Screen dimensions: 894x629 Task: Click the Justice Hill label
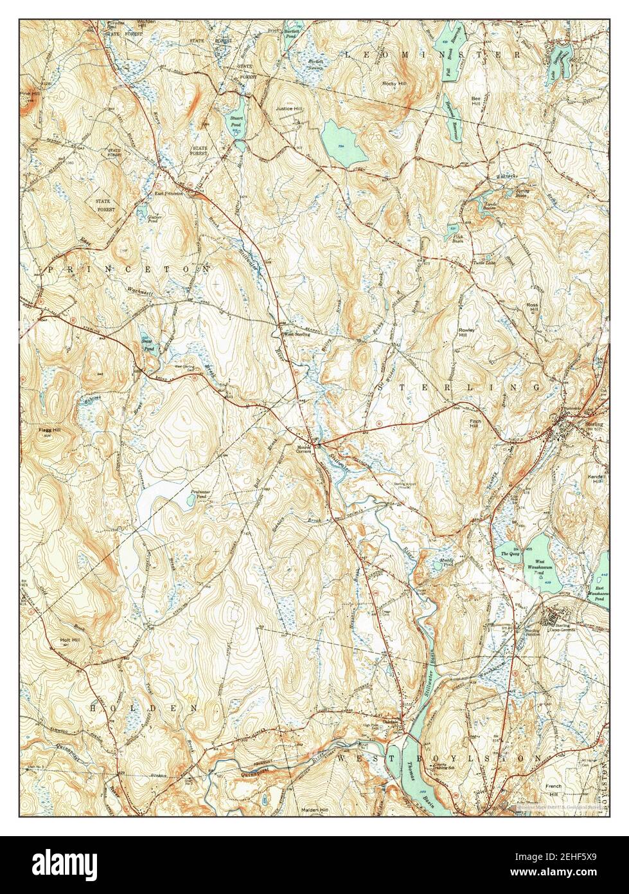(288, 109)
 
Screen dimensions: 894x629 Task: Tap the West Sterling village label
(297, 334)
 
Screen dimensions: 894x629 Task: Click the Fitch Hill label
(475, 424)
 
